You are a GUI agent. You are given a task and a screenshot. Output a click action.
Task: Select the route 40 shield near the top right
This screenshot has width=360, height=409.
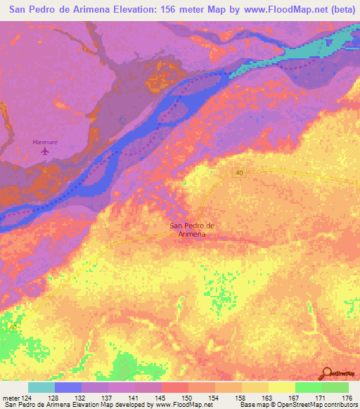pyautogui.click(x=239, y=173)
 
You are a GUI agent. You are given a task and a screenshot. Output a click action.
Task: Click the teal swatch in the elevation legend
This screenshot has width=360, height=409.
pyautogui.click(x=41, y=387)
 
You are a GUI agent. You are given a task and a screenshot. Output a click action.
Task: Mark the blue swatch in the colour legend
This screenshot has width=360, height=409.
pyautogui.click(x=67, y=387)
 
